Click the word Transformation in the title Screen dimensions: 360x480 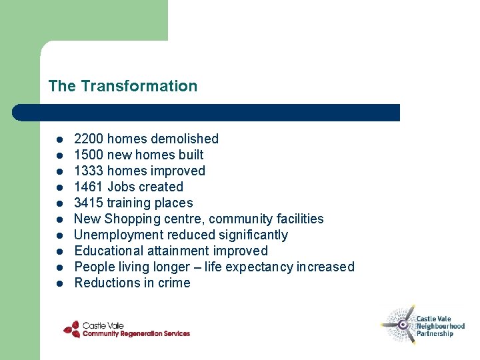(x=139, y=86)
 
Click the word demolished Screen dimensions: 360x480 (x=184, y=139)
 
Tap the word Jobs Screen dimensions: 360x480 (x=121, y=187)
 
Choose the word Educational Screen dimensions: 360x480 (x=107, y=251)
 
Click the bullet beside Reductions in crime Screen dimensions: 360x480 (x=59, y=283)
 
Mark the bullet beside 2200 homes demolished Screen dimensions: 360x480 (x=59, y=139)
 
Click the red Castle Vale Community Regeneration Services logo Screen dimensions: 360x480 (x=126, y=329)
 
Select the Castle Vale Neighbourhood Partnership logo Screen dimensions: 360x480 (x=423, y=325)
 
